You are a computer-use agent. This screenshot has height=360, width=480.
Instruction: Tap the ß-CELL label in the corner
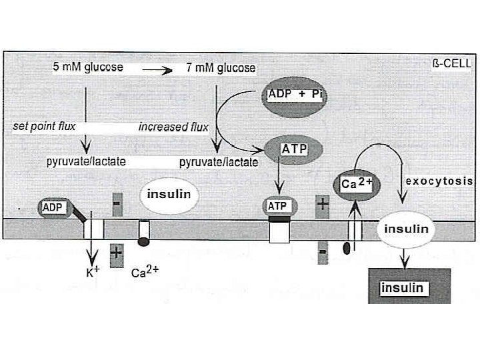tap(453, 64)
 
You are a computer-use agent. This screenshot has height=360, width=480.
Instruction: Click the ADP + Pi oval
tap(295, 95)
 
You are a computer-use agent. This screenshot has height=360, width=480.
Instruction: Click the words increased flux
tap(173, 127)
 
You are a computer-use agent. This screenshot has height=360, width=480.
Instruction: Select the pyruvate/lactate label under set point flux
tap(86, 162)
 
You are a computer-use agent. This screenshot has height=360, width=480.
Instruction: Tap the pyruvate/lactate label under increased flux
tap(219, 162)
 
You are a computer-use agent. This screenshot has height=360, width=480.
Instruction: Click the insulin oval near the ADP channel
tap(169, 195)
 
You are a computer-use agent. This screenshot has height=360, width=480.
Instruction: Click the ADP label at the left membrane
tap(53, 207)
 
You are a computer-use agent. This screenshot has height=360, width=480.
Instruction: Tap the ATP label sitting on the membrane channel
tap(277, 207)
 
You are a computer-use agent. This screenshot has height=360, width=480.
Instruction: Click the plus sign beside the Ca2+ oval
tap(323, 203)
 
